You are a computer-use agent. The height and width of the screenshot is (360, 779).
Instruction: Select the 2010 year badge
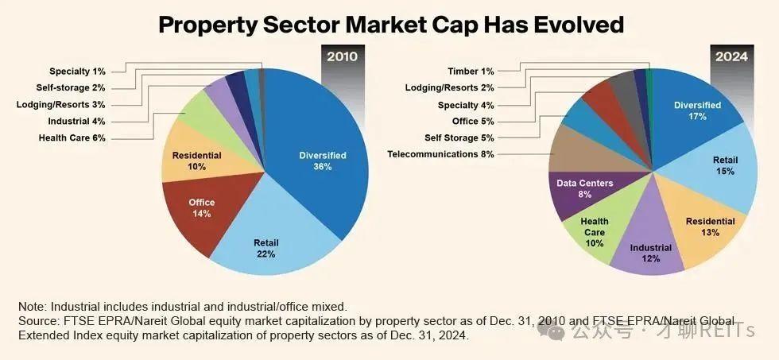click(x=343, y=56)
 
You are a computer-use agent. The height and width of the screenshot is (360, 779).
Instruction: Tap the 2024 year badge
click(x=731, y=56)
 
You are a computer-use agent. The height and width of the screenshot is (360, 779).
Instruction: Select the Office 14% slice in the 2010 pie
click(x=201, y=208)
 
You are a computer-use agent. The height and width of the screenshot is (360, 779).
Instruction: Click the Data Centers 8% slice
click(x=583, y=188)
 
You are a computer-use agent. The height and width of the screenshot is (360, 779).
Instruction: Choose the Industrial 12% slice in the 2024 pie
click(x=650, y=252)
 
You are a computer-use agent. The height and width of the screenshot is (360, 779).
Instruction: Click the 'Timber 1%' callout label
click(x=471, y=72)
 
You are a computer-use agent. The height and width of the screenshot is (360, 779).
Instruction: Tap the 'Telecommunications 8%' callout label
click(x=440, y=154)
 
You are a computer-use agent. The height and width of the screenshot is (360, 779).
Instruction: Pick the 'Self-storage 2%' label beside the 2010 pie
click(x=71, y=87)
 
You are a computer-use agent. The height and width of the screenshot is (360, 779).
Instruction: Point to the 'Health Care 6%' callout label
click(x=72, y=137)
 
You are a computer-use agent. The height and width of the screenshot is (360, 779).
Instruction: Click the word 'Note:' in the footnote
click(x=33, y=306)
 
